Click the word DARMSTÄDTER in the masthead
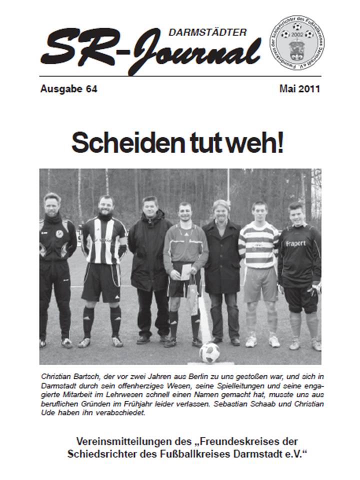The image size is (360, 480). [x=207, y=33]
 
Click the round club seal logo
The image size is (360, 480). [x=297, y=42]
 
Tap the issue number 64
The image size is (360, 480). [x=91, y=89]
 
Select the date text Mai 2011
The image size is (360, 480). [x=299, y=89]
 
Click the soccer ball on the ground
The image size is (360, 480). [x=209, y=353]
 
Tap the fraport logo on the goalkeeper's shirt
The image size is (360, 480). [x=295, y=243]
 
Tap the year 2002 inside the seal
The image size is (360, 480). [x=297, y=34]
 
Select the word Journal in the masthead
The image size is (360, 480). [x=195, y=52]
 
